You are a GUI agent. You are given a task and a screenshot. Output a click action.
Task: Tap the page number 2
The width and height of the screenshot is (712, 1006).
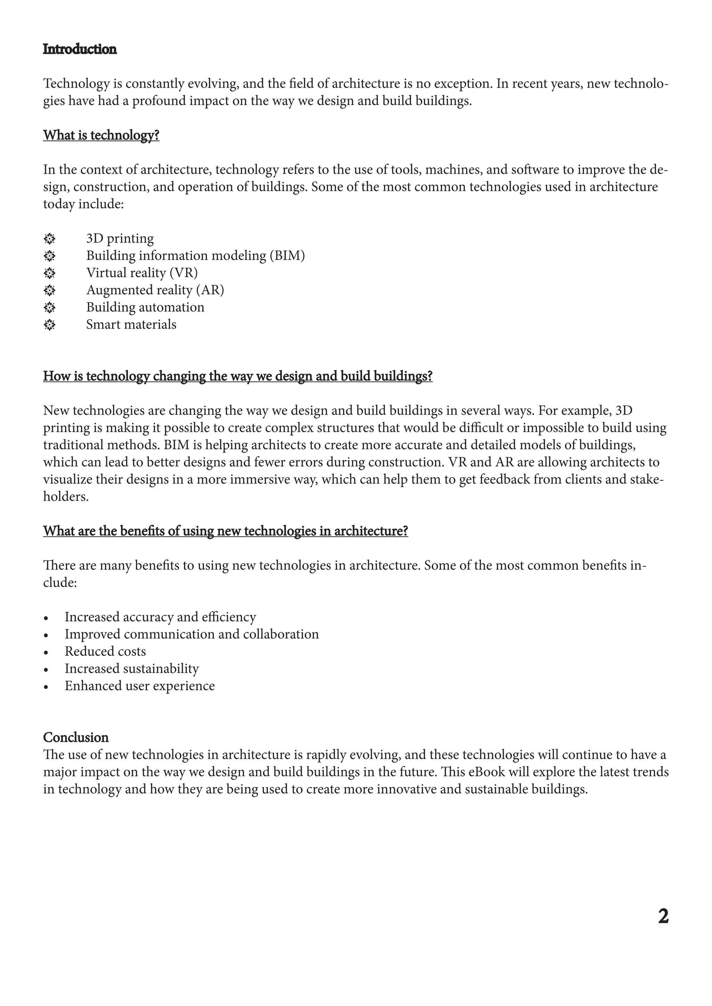[x=663, y=917]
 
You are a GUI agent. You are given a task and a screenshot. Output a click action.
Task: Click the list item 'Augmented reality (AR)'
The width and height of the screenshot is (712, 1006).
[x=155, y=290]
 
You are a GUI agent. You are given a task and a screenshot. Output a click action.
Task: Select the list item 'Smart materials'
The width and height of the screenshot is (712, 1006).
[x=131, y=325]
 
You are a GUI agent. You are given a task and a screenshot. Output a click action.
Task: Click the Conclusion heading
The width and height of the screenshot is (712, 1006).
[x=75, y=737]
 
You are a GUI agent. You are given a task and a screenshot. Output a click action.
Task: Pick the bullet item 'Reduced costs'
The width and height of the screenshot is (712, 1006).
[x=105, y=652]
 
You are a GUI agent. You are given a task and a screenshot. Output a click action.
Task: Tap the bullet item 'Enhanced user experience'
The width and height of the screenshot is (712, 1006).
[x=139, y=686]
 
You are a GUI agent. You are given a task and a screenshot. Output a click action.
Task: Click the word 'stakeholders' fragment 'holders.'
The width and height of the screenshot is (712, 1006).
[x=66, y=496]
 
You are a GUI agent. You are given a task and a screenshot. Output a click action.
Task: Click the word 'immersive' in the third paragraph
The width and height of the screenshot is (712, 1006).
[x=258, y=479]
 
